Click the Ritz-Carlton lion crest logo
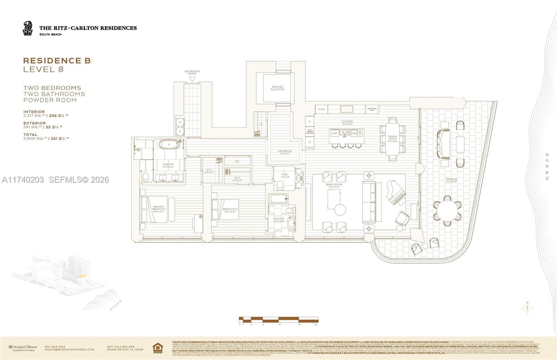pos(27,28)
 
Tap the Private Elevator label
pos(277,88)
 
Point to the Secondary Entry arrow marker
pos(192,79)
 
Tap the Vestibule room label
pos(285,152)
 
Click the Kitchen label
pos(347,122)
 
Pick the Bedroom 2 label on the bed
pos(230,209)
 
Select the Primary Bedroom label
pos(159,208)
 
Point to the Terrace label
pos(451,180)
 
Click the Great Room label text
pos(334,185)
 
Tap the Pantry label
pos(322,109)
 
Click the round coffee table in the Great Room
pos(340,209)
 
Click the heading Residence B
pos(57,61)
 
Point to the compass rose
pos(527,308)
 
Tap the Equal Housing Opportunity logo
pos(157,347)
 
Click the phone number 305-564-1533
pos(55,346)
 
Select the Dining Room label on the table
pos(393,138)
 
